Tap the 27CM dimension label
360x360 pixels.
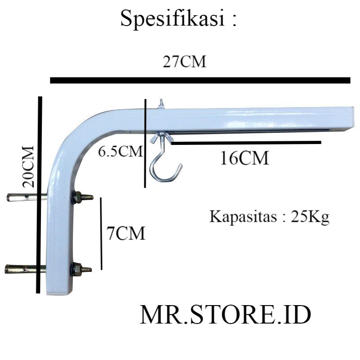tap(184, 62)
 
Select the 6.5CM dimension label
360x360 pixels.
tap(120, 152)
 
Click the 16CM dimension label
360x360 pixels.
tap(244, 158)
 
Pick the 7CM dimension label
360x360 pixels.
tap(126, 234)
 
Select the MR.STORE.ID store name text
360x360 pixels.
tap(225, 315)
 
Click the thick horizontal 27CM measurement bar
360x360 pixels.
tap(200, 81)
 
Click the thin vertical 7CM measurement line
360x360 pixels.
tap(102, 233)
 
